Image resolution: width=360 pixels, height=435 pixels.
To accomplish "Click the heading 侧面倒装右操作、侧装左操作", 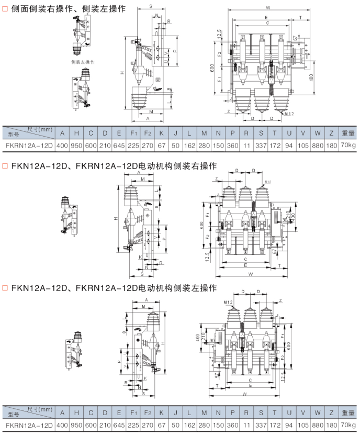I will [67, 9].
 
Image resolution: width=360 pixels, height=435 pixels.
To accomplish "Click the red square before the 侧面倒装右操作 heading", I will [5, 9].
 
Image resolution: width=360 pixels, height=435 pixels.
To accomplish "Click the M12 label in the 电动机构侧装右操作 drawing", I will [268, 182].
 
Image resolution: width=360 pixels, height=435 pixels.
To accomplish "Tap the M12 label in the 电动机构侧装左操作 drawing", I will [227, 303].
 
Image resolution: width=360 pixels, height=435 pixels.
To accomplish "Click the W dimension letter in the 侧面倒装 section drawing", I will [267, 8].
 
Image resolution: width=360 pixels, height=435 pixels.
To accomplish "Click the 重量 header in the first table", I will [347, 132].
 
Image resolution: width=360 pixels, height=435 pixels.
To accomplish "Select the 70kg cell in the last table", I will [347, 425].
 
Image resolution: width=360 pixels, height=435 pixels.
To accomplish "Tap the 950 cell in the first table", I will [76, 144].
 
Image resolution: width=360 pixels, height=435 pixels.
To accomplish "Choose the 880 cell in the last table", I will [317, 425].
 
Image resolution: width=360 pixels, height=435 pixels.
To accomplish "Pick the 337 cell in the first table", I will [261, 144].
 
